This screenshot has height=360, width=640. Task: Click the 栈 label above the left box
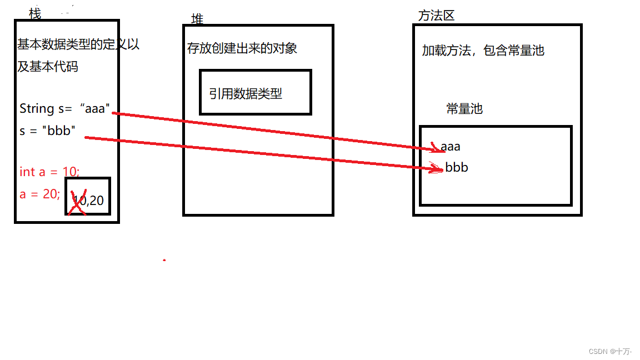pyautogui.click(x=34, y=13)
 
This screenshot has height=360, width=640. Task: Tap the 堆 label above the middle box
pyautogui.click(x=197, y=19)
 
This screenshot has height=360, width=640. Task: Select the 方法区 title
pyautogui.click(x=436, y=16)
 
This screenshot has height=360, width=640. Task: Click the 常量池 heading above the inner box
pyautogui.click(x=464, y=109)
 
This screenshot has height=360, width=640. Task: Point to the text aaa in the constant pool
pyautogui.click(x=451, y=147)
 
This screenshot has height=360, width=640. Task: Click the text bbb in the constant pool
pyautogui.click(x=457, y=167)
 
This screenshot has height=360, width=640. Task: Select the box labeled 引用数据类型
pyautogui.click(x=255, y=92)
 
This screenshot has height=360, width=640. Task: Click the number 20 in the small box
pyautogui.click(x=97, y=201)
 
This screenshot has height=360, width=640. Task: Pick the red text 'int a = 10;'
pyautogui.click(x=49, y=172)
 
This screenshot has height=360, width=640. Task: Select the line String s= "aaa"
pyautogui.click(x=65, y=108)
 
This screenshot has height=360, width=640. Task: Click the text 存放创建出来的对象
pyautogui.click(x=242, y=48)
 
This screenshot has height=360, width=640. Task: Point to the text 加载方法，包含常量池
pyautogui.click(x=483, y=51)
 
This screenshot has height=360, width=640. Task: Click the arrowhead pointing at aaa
pyautogui.click(x=436, y=148)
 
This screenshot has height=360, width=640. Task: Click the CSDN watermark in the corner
pyautogui.click(x=610, y=351)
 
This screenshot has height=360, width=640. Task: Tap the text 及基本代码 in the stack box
pyautogui.click(x=48, y=67)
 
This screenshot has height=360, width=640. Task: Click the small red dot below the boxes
pyautogui.click(x=164, y=260)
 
